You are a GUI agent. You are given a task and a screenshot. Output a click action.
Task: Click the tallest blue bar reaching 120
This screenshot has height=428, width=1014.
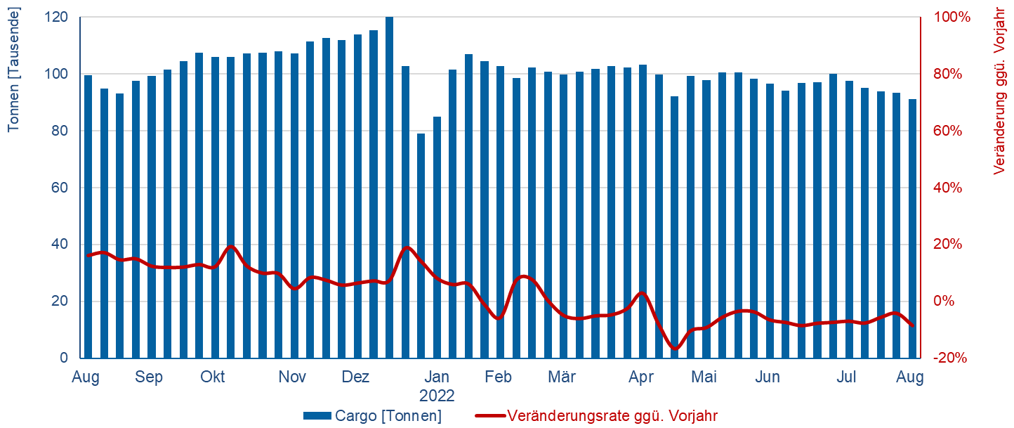point(389,187)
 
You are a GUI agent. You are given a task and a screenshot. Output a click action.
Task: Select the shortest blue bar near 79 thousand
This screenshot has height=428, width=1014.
point(421,245)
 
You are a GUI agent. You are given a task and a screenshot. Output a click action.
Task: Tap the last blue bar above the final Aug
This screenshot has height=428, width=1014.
point(912,228)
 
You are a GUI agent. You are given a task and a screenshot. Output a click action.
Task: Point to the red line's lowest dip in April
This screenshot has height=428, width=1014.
point(676,349)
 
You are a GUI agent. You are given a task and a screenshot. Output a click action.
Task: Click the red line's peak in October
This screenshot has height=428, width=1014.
point(231,247)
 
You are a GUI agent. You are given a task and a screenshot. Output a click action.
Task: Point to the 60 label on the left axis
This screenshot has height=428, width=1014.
point(62,188)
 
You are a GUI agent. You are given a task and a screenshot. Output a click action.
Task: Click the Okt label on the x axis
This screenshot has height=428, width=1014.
point(212,377)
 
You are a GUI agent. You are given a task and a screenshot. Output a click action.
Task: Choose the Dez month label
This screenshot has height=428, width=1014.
point(355,377)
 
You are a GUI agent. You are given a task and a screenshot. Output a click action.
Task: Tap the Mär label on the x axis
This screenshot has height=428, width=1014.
point(561,377)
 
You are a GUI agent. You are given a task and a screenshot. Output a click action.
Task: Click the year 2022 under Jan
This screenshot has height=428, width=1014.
point(437,395)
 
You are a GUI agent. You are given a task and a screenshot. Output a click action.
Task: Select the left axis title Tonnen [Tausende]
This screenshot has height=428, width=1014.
point(13,69)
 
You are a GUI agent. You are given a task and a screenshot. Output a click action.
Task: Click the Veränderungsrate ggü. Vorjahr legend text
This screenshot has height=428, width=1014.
point(612,416)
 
